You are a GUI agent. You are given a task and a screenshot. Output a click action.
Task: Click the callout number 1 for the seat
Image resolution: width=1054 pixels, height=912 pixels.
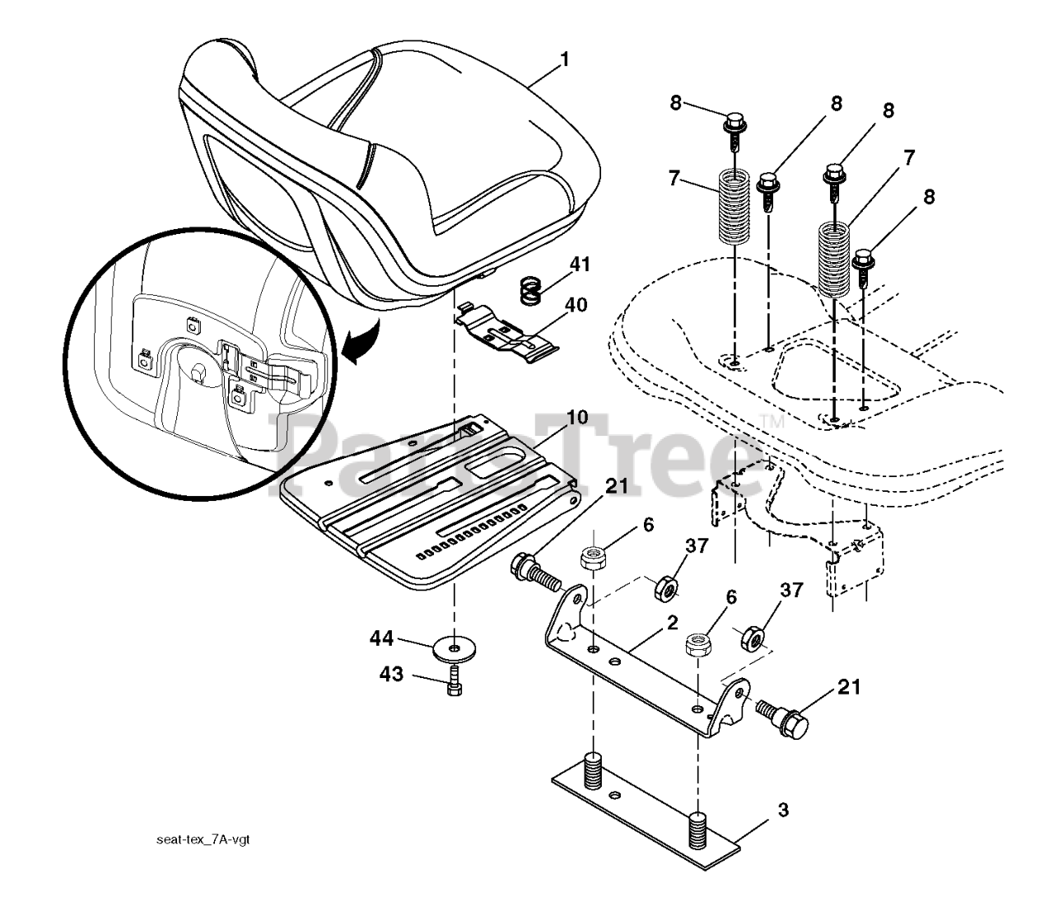pos(564,60)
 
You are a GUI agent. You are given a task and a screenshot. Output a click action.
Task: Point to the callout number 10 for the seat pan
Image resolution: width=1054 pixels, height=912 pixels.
pos(576,417)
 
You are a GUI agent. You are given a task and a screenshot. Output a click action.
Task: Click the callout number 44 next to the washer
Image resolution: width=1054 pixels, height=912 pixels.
pos(381,638)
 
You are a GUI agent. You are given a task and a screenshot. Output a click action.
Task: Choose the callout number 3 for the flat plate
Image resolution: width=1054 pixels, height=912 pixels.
pos(782,811)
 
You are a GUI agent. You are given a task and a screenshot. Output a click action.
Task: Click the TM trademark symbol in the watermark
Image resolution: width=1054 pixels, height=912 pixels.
pos(773,421)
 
